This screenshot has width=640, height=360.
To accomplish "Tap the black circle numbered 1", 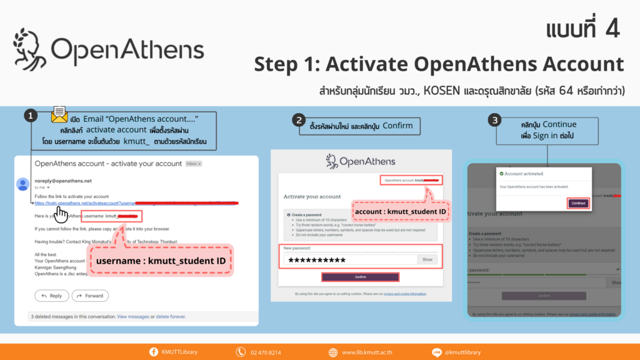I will (x=29, y=116).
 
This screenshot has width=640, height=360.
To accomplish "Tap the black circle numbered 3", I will (x=496, y=119).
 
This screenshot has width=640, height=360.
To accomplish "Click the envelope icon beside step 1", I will (x=59, y=114).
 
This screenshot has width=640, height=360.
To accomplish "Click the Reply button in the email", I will (x=51, y=296).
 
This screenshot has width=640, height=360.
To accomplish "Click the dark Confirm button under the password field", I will (x=360, y=277).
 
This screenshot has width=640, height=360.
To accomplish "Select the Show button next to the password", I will (x=427, y=259).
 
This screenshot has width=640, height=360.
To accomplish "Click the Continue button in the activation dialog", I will (x=578, y=203).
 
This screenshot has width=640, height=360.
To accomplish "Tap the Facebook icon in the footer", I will (x=154, y=352).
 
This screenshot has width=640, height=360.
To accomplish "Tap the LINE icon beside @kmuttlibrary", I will (x=437, y=352).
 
